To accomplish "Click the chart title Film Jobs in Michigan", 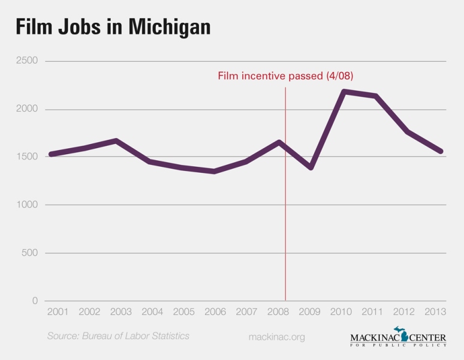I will tap(113, 26).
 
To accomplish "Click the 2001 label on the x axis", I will tap(58, 313).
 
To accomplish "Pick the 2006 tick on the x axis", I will tap(215, 313).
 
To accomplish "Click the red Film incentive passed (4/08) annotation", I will tap(281, 76).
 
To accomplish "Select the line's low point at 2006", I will tap(215, 172).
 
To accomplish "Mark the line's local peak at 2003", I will tap(116, 140).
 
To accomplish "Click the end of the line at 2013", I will tap(441, 151).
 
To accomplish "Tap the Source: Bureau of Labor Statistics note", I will tap(118, 336).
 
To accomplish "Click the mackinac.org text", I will tap(276, 337).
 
